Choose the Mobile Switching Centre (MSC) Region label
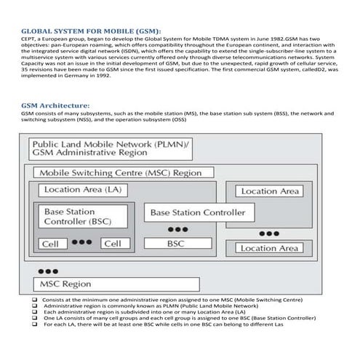[x=121, y=173]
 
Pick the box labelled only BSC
[x=176, y=244]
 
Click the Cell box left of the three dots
[x=51, y=244]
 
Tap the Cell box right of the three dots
[x=112, y=244]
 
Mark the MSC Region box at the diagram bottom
[x=65, y=283]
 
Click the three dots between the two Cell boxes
[x=81, y=242]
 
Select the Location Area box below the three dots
[x=269, y=248]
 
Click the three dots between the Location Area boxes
[x=270, y=233]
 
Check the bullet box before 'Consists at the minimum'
[x=35, y=300]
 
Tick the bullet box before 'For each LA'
[x=35, y=324]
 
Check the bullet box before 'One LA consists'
[x=35, y=318]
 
